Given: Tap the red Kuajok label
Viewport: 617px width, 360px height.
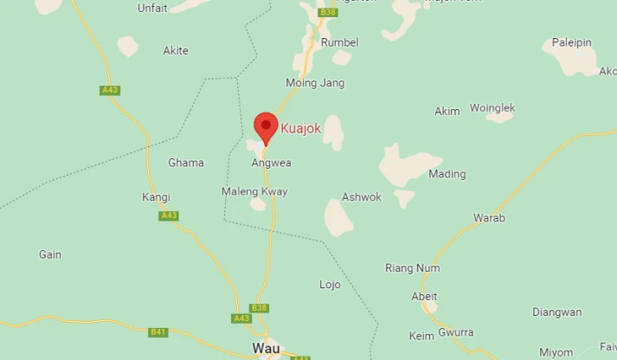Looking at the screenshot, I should click(300, 129).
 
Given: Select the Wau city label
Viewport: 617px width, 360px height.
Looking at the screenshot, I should click(265, 348).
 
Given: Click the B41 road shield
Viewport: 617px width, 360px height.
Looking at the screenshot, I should click(158, 331).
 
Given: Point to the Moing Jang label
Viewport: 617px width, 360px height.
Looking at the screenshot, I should click(315, 83).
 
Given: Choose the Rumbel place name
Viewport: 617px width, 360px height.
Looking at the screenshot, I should click(339, 42).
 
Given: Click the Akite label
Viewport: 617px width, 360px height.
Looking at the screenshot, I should click(176, 51).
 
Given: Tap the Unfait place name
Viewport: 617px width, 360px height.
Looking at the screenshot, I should click(153, 8).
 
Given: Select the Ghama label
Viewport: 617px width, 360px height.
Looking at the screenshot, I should click(186, 163).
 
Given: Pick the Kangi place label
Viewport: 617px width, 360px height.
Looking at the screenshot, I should click(156, 197).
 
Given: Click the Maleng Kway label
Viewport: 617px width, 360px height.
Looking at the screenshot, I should click(254, 191).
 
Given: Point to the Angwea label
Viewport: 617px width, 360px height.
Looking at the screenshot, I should click(271, 163).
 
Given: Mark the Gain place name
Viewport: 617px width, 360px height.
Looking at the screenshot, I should click(50, 255).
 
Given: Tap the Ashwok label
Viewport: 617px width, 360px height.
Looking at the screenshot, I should click(362, 197).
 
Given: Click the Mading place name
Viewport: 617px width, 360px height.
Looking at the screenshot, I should click(447, 174).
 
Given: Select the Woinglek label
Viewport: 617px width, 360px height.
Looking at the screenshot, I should click(492, 108).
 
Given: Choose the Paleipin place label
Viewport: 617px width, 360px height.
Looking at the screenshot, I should click(572, 42).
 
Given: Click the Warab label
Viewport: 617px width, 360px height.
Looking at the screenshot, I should click(489, 217).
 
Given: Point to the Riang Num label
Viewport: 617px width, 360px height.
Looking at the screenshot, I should click(412, 268).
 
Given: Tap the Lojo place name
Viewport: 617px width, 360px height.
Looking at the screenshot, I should click(330, 285).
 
